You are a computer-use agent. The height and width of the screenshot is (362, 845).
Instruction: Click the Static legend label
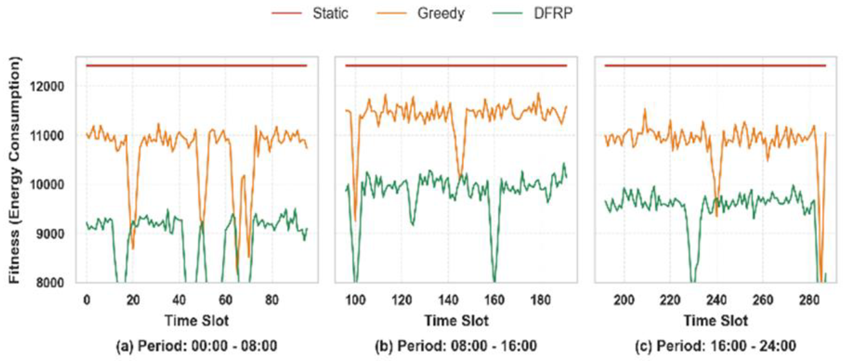click(x=330, y=14)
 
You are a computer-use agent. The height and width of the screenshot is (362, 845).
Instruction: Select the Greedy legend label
click(x=441, y=14)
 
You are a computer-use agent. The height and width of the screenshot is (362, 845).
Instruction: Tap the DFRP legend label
click(x=553, y=14)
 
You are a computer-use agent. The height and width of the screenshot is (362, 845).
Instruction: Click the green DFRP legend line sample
click(x=507, y=14)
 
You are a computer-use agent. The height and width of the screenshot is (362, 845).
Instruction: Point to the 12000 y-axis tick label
click(x=47, y=87)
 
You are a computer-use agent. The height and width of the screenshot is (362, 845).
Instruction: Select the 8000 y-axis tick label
click(x=47, y=283)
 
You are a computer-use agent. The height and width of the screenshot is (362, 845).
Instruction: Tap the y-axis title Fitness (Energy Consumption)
click(x=14, y=170)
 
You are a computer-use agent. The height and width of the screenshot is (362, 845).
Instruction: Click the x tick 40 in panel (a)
click(x=179, y=300)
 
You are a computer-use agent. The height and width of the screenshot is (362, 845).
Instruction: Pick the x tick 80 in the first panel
click(x=272, y=300)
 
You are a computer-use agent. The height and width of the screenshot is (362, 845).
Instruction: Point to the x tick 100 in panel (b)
click(x=355, y=300)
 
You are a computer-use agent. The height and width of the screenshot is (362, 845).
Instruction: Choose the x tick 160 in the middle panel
click(x=494, y=300)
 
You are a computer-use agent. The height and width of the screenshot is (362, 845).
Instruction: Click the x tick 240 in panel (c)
click(x=716, y=300)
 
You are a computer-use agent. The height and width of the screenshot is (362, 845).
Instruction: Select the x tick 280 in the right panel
click(x=809, y=300)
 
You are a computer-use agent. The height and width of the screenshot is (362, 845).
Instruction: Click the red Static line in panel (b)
click(x=456, y=66)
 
